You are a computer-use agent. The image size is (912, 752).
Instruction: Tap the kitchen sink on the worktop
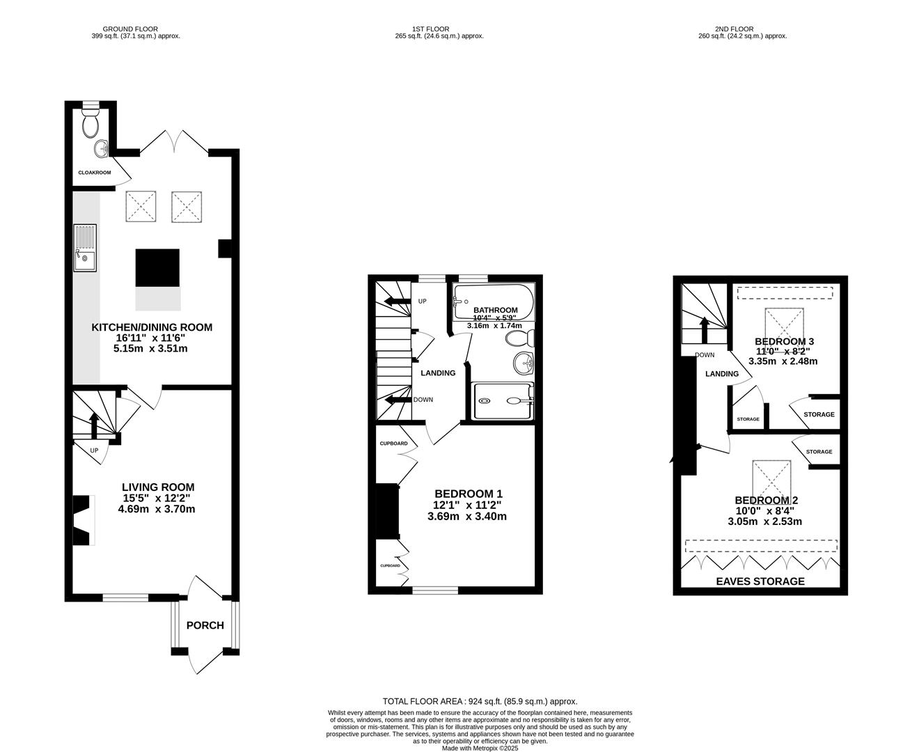point(85,249)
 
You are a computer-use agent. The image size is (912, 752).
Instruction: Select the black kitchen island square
point(157,267)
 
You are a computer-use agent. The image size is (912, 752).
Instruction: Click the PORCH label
point(205,625)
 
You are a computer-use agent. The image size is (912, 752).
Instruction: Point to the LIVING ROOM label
point(158,487)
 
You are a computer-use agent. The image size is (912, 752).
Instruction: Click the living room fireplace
point(84,520)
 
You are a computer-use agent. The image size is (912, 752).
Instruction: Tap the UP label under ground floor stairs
point(94,451)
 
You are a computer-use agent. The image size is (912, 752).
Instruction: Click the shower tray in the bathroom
point(503,401)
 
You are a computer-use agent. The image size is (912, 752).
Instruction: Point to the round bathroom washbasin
point(524,363)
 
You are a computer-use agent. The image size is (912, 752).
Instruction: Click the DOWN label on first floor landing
point(423,400)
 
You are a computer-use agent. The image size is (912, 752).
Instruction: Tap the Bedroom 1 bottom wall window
point(435,590)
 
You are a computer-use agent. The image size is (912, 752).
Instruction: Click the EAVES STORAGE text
point(761,581)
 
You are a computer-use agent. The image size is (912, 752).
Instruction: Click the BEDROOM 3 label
point(785,342)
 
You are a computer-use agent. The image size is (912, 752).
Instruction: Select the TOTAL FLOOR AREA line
point(480,702)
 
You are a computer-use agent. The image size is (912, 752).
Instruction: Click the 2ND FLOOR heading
point(742,29)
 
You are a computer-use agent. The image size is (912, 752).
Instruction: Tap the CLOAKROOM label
point(94,172)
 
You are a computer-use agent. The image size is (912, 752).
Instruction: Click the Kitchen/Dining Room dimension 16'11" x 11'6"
point(152,338)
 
